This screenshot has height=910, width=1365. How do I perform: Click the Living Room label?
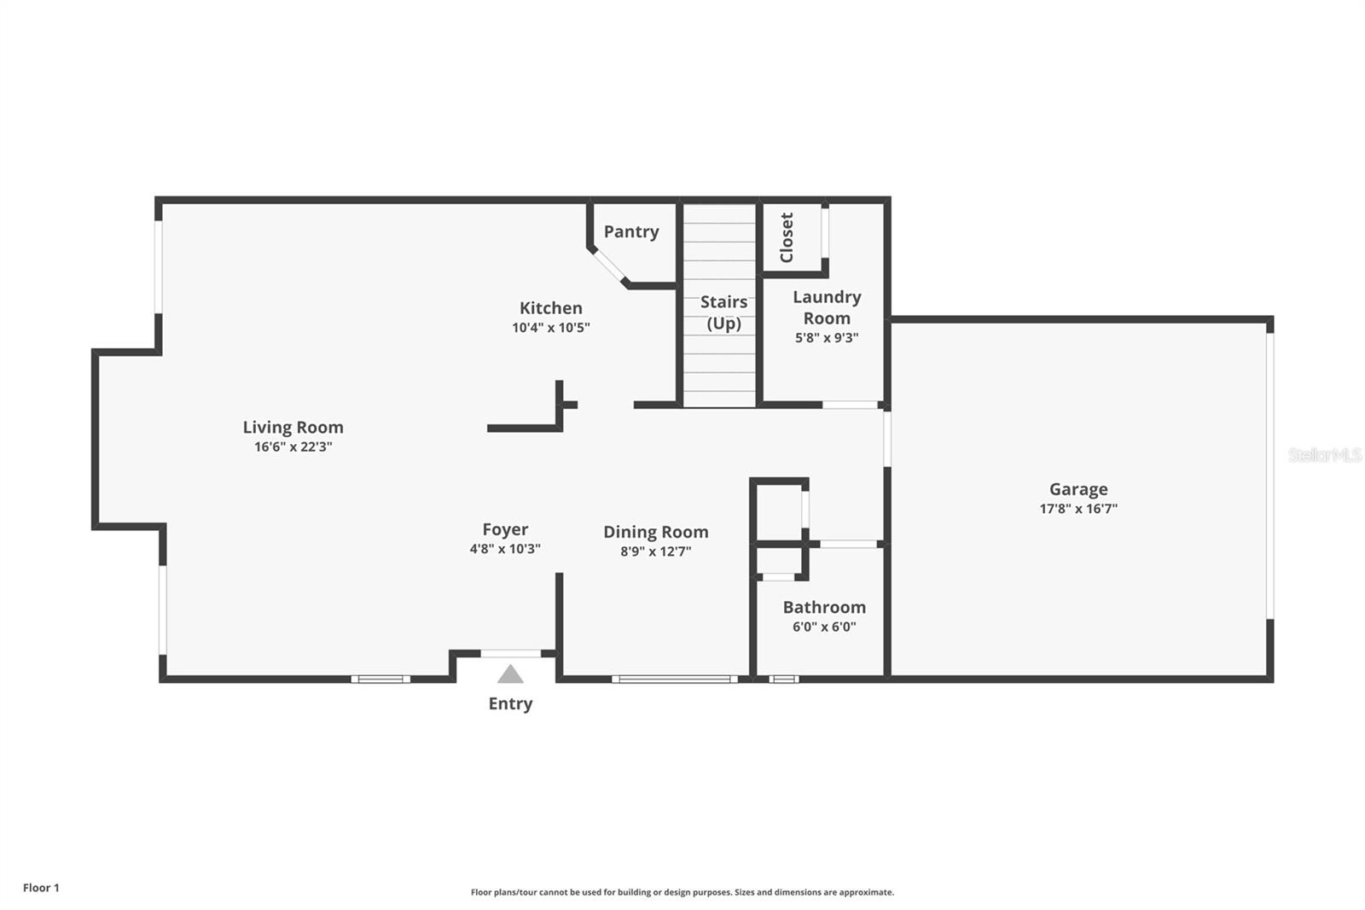pyautogui.click(x=293, y=427)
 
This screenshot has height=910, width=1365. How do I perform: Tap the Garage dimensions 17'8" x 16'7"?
pyautogui.click(x=1077, y=509)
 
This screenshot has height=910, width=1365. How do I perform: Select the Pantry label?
pyautogui.click(x=631, y=231)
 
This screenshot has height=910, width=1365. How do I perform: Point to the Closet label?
pyautogui.click(x=787, y=237)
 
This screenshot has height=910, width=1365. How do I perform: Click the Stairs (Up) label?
pyautogui.click(x=723, y=312)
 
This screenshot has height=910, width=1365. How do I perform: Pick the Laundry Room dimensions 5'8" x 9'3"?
pyautogui.click(x=826, y=337)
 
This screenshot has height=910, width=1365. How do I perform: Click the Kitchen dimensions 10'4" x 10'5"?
pyautogui.click(x=550, y=328)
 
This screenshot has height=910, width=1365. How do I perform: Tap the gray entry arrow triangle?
pyautogui.click(x=510, y=674)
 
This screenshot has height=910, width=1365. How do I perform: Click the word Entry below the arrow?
pyautogui.click(x=510, y=703)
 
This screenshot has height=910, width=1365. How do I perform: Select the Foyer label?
pyautogui.click(x=505, y=529)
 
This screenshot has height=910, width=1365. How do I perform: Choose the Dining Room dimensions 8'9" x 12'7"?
pyautogui.click(x=655, y=551)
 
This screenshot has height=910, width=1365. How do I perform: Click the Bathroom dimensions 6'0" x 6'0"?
pyautogui.click(x=824, y=627)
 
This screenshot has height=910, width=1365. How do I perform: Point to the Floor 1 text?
pyautogui.click(x=41, y=888)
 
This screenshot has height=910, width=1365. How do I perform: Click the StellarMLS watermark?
pyautogui.click(x=1324, y=455)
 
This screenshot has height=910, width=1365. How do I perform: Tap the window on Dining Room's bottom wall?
pyautogui.click(x=674, y=680)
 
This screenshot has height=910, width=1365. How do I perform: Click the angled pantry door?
pyautogui.click(x=609, y=265)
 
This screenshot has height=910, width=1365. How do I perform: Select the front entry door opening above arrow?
pyautogui.click(x=510, y=654)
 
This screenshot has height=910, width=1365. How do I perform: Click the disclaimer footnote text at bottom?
pyautogui.click(x=682, y=892)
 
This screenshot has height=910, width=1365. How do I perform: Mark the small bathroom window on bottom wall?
pyautogui.click(x=783, y=680)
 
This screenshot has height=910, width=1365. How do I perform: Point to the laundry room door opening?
pyautogui.click(x=850, y=405)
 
